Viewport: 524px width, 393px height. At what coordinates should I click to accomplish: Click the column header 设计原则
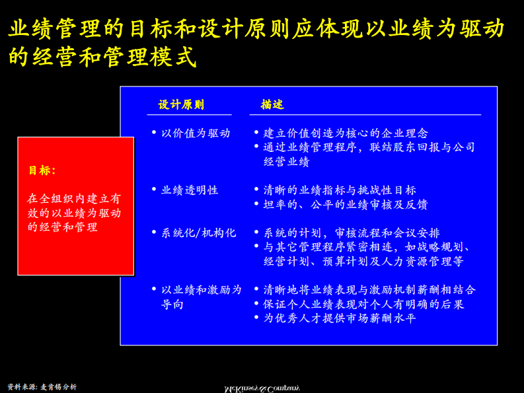(181, 104)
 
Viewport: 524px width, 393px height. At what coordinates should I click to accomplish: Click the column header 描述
(272, 104)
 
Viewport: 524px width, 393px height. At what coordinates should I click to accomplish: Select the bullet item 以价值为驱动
(196, 133)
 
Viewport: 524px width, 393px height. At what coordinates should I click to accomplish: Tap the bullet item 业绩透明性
(190, 190)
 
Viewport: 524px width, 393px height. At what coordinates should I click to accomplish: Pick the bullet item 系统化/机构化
(198, 232)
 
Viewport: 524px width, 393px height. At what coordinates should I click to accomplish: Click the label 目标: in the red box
(42, 170)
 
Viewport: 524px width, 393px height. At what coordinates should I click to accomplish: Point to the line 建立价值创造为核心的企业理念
(346, 133)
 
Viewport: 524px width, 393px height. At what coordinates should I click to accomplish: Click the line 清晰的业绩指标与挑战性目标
(340, 190)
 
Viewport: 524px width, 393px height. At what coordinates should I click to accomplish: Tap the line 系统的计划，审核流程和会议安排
(352, 232)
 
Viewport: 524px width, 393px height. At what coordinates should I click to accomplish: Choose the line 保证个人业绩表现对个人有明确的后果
(363, 304)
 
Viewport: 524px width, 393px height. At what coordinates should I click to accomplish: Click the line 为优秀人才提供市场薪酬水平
(340, 318)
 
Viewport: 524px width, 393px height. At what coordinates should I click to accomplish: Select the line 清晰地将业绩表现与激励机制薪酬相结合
(369, 289)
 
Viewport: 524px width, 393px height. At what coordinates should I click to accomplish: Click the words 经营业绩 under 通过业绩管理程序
(286, 161)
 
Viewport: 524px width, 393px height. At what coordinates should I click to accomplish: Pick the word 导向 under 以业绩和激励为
(172, 304)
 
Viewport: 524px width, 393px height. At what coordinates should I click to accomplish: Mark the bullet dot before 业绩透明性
(154, 190)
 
